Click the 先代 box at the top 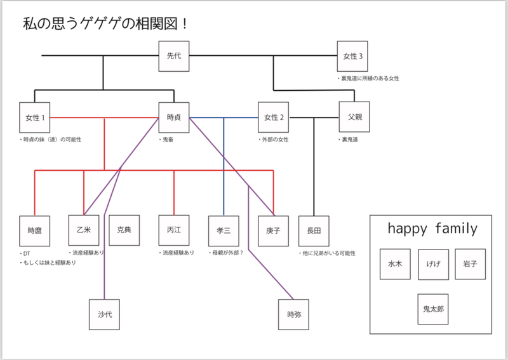pos(174,57)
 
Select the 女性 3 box pos(353,57)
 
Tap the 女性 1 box pos(34,117)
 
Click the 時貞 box pos(174,117)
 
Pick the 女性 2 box pos(273,117)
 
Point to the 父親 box pos(354,117)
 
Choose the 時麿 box pos(34,231)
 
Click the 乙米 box pos(84,230)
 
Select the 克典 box pos(124,230)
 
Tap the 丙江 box pos(174,230)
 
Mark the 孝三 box pos(224,231)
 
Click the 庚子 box pos(273,231)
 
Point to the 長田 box pos(314,231)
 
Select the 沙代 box pos(104,314)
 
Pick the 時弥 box pos(293,314)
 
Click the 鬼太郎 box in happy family pos(433,310)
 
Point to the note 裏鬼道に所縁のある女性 pos(369,79)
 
